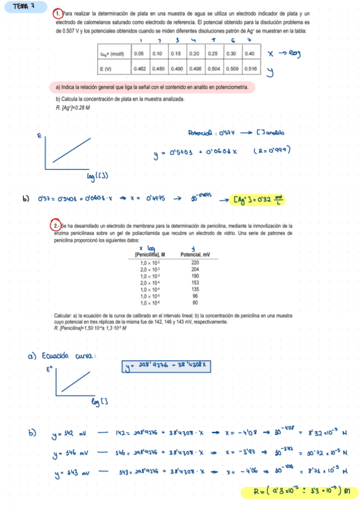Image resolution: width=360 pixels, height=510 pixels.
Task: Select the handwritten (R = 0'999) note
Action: (272, 151)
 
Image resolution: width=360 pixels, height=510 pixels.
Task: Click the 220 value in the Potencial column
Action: (195, 263)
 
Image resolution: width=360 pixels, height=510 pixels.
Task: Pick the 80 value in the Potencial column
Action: (195, 303)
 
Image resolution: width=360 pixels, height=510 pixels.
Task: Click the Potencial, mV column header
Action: (195, 255)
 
